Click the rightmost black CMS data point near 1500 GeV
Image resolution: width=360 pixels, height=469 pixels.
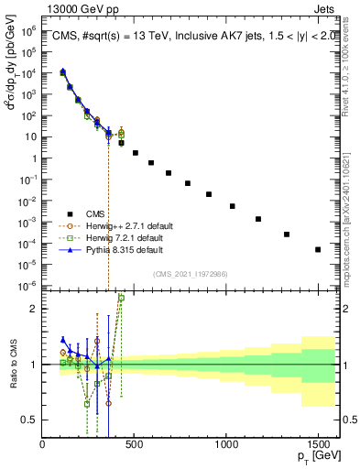(318, 249)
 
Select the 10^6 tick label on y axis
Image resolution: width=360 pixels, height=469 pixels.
(28, 30)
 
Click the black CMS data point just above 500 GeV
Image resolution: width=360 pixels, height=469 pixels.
(136, 153)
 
